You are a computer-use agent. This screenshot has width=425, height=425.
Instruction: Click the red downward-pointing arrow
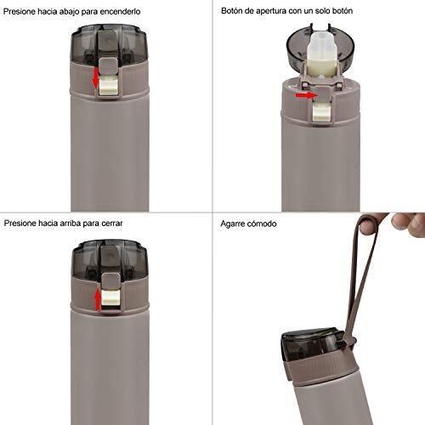96,76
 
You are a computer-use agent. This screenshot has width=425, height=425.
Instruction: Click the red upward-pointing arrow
98,299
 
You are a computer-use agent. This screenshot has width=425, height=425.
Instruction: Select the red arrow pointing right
305,95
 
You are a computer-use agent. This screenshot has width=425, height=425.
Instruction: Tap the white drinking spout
320,55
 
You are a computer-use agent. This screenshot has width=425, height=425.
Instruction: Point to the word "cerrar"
112,224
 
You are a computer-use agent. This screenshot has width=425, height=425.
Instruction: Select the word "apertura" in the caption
271,11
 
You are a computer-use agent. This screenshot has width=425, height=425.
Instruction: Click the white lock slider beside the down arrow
109,85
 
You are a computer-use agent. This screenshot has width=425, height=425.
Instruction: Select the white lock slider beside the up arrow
110,299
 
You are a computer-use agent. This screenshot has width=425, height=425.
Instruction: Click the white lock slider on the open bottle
322,112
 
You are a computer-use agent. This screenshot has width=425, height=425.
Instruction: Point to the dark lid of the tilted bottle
314,343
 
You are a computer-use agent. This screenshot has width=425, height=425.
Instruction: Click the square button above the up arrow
110,281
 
